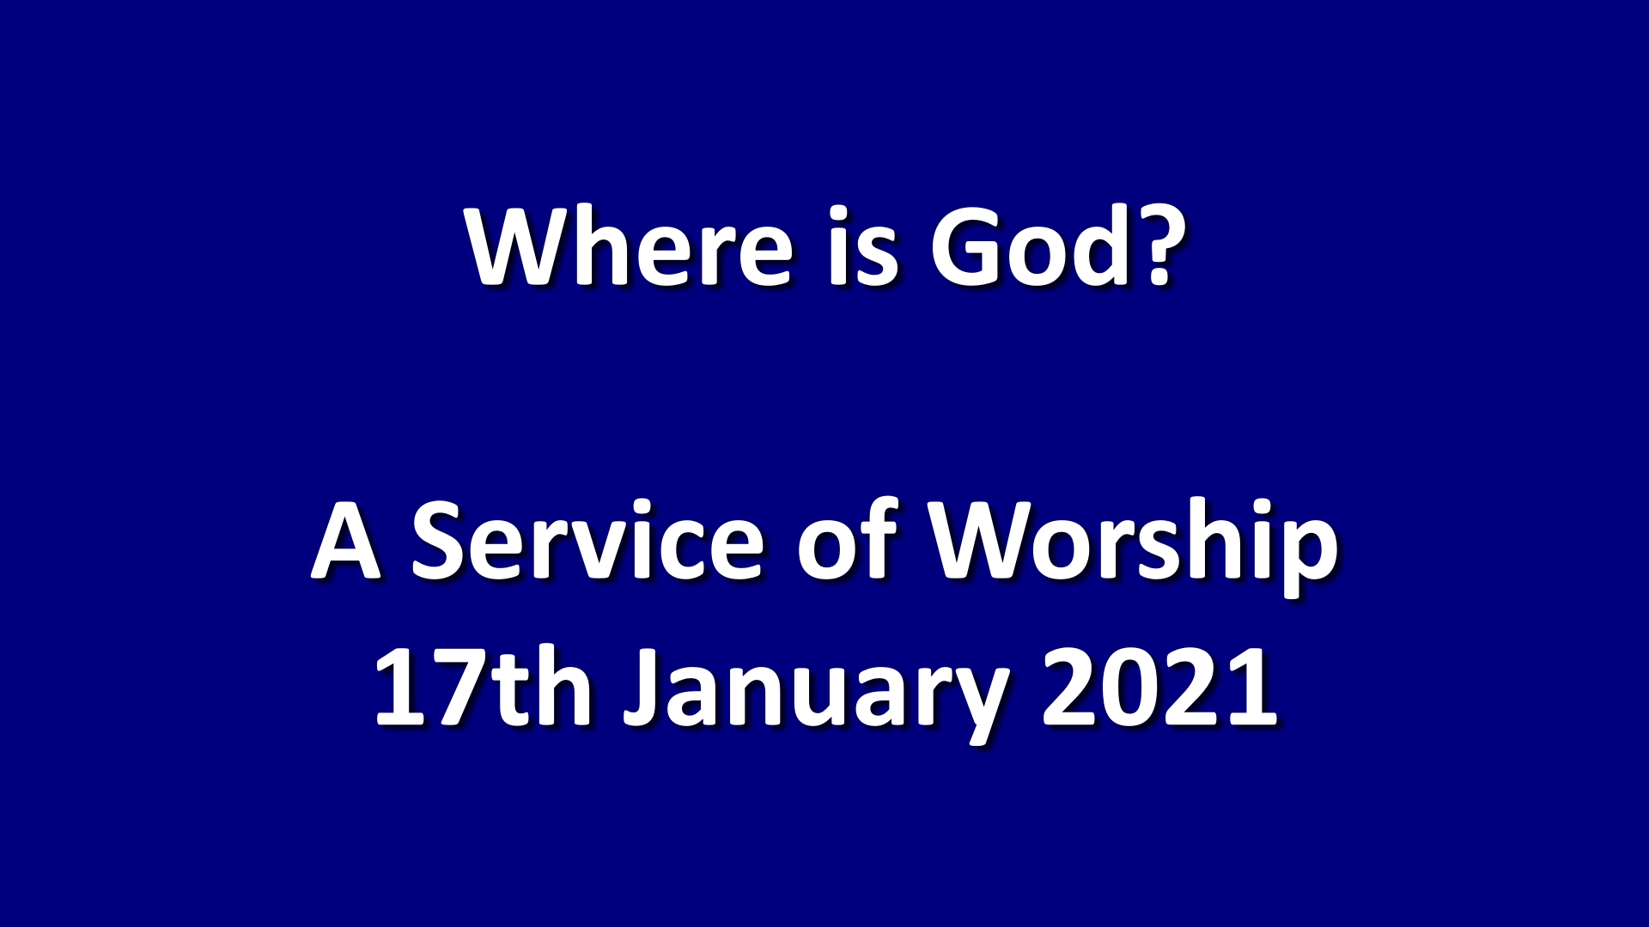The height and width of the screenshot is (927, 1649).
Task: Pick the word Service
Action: click(x=587, y=541)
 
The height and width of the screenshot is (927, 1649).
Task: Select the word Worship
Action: click(x=1134, y=549)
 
